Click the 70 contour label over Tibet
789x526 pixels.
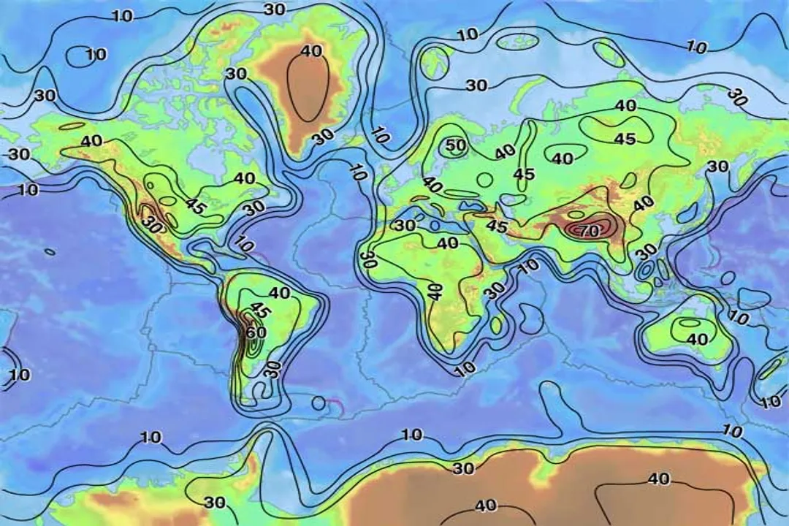(x=589, y=231)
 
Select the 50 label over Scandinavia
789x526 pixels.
(x=456, y=145)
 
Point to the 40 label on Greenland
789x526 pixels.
(x=310, y=51)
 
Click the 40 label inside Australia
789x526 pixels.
(x=697, y=340)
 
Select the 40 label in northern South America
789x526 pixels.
(x=280, y=293)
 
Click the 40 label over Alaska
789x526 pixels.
(x=91, y=141)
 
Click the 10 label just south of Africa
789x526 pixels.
(x=465, y=369)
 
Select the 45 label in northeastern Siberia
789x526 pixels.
(x=624, y=139)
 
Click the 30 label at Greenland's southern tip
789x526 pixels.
(x=323, y=137)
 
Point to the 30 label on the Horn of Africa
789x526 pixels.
(x=495, y=290)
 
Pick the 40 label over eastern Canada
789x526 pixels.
(x=244, y=178)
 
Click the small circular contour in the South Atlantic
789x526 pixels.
(x=319, y=403)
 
